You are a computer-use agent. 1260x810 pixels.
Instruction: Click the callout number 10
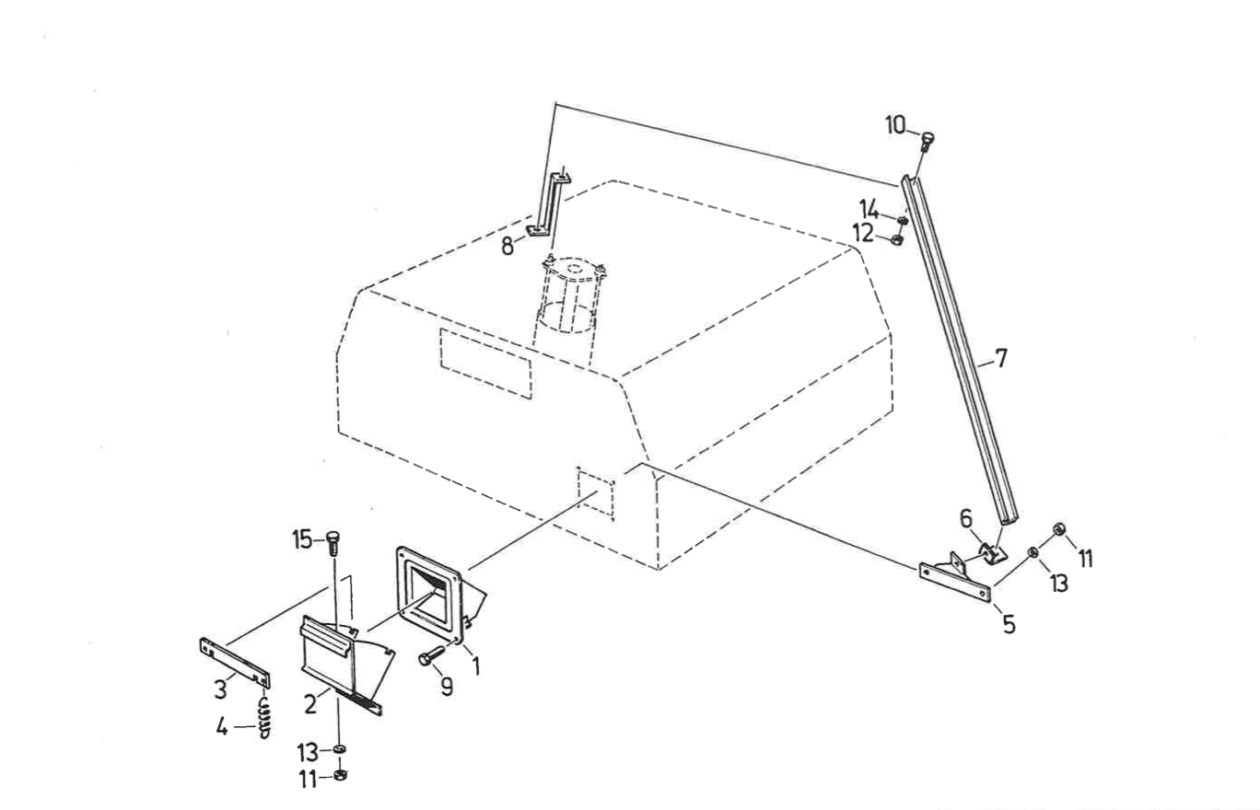pyautogui.click(x=896, y=125)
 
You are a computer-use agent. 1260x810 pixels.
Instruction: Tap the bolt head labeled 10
pyautogui.click(x=927, y=140)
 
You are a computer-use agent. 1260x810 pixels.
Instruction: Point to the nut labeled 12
pyautogui.click(x=898, y=240)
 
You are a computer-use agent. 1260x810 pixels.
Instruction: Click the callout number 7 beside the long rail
pyautogui.click(x=1001, y=358)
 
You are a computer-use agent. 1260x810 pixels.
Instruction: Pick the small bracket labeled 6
pyautogui.click(x=989, y=552)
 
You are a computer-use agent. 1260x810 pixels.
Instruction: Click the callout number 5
pyautogui.click(x=1009, y=625)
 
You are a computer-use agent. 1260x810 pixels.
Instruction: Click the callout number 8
pyautogui.click(x=507, y=247)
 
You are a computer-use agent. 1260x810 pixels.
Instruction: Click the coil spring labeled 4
pyautogui.click(x=263, y=718)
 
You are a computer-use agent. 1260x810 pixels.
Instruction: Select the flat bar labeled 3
pyautogui.click(x=236, y=660)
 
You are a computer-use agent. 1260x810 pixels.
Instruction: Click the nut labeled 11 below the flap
pyautogui.click(x=339, y=775)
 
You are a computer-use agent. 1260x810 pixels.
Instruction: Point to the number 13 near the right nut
pyautogui.click(x=1060, y=583)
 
